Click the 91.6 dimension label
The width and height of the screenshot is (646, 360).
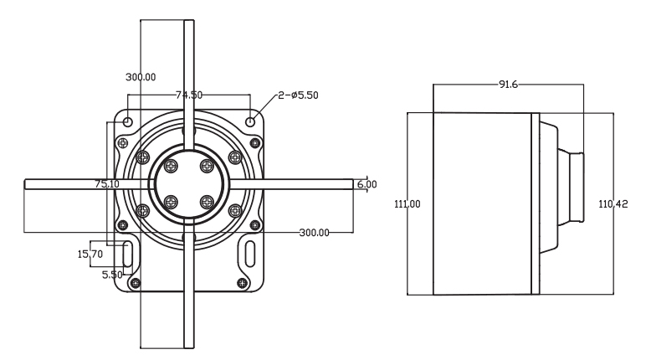pyautogui.click(x=508, y=85)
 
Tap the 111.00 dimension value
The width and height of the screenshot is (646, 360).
pyautogui.click(x=408, y=204)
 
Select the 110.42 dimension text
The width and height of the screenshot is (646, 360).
pyautogui.click(x=613, y=204)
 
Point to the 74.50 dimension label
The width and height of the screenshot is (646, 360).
pyautogui.click(x=189, y=95)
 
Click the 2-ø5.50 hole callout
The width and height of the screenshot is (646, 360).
pyautogui.click(x=298, y=95)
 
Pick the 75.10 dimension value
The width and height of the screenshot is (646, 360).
pyautogui.click(x=107, y=184)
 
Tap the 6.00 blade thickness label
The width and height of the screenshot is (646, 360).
pyautogui.click(x=367, y=184)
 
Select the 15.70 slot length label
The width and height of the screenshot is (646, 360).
pyautogui.click(x=90, y=254)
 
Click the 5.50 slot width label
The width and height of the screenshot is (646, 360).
pyautogui.click(x=112, y=275)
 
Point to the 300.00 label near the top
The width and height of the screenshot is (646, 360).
pyautogui.click(x=141, y=77)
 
